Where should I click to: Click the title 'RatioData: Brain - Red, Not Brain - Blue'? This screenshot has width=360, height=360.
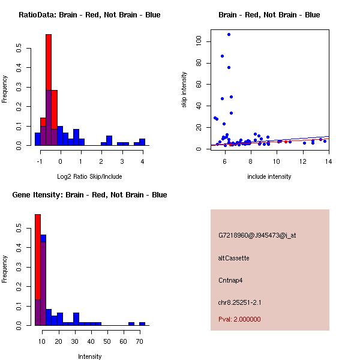(x=89, y=15)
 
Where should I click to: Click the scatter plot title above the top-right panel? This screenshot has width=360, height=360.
(x=269, y=15)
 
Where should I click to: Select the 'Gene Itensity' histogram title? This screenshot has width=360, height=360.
(x=90, y=195)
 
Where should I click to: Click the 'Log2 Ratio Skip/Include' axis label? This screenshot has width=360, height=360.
(x=89, y=176)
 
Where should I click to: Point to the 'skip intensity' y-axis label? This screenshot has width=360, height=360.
(x=184, y=90)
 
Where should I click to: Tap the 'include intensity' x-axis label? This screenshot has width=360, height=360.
(x=269, y=176)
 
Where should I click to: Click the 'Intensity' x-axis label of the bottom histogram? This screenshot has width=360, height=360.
(x=89, y=356)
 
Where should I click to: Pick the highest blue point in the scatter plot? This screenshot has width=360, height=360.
(x=229, y=34)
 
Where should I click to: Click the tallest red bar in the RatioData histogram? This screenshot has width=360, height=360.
(x=49, y=60)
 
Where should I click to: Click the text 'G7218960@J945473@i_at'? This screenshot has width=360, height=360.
(x=257, y=235)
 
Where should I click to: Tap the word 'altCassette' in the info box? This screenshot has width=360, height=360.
(x=233, y=258)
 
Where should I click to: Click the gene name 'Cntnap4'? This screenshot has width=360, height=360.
(x=230, y=280)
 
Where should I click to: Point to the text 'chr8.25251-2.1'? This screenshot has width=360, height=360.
(x=239, y=302)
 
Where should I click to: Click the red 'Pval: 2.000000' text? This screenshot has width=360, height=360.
(x=239, y=319)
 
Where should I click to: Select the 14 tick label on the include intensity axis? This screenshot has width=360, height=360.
(x=328, y=161)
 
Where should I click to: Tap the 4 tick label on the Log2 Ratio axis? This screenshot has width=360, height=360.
(x=142, y=161)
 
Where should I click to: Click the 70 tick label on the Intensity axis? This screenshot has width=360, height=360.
(x=139, y=341)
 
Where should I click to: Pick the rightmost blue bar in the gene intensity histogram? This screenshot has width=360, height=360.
(x=142, y=323)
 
